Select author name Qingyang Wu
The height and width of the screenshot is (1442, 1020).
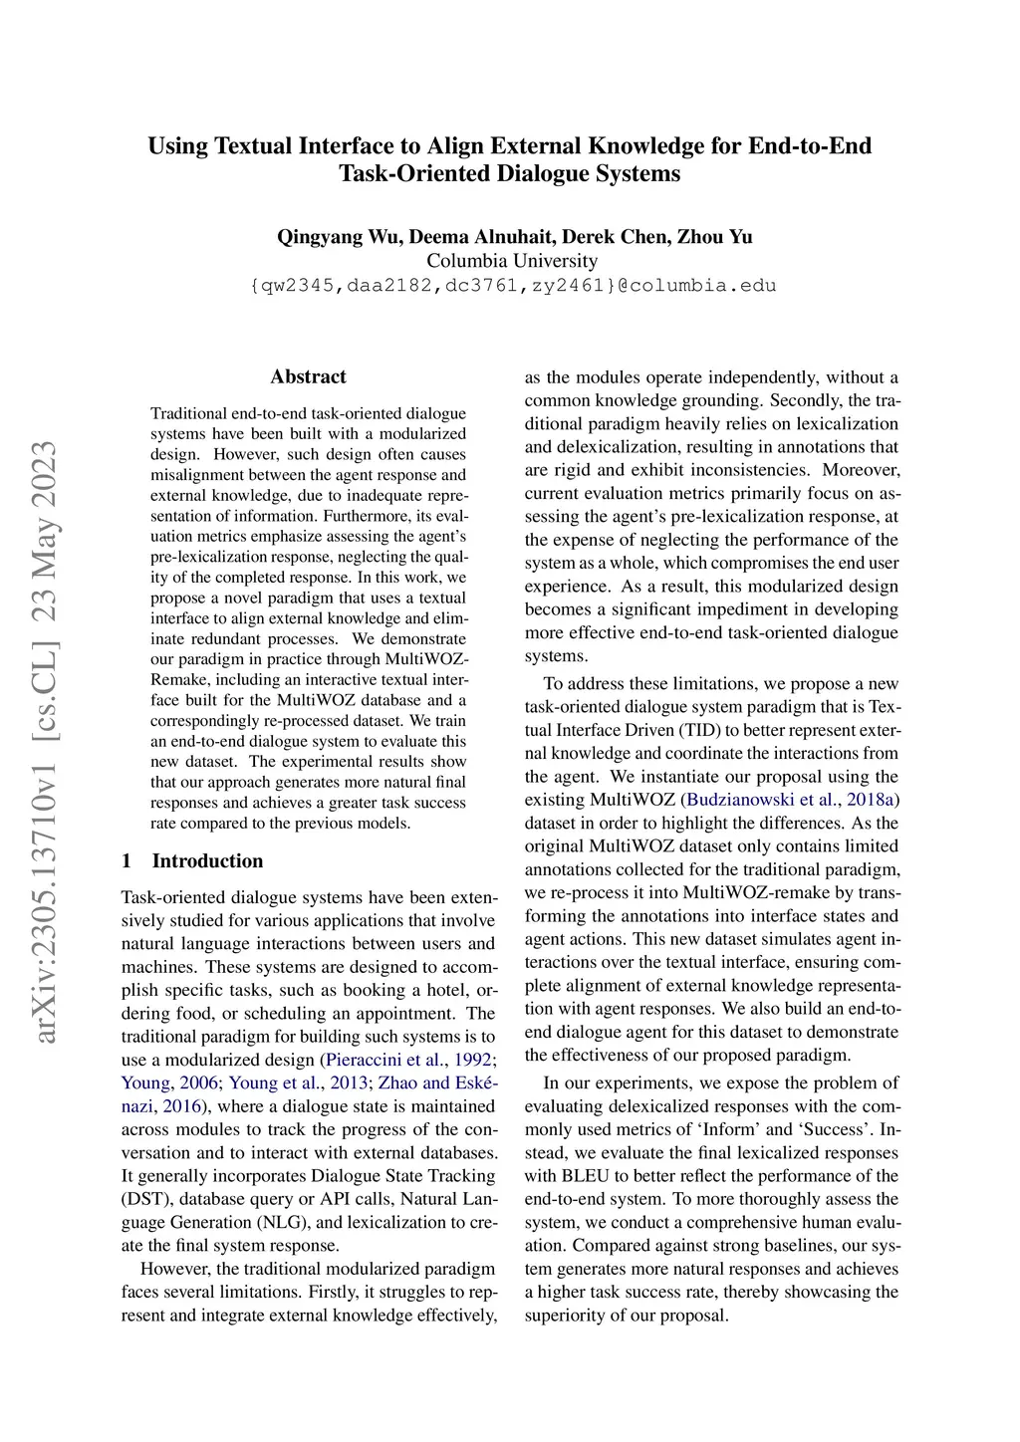[x=338, y=237]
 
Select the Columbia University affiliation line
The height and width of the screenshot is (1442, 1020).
[x=512, y=261]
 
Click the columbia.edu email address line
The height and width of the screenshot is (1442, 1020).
[x=512, y=286]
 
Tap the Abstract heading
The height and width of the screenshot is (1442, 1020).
[x=308, y=376]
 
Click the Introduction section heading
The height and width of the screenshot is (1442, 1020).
[x=207, y=861]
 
